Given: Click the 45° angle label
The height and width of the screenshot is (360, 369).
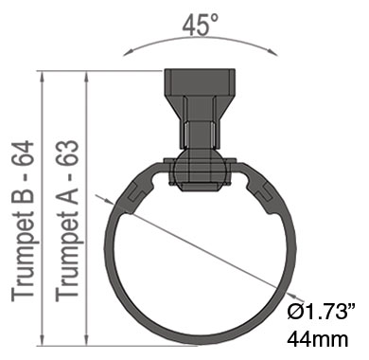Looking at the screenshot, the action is click(200, 26).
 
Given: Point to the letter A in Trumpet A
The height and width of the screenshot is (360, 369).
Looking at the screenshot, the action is click(67, 193).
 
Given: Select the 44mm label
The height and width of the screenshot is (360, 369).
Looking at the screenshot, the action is click(318, 339).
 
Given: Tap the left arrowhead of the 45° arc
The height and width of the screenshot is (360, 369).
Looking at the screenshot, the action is click(127, 52).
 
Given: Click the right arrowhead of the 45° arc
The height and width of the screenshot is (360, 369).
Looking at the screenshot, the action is click(273, 51).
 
